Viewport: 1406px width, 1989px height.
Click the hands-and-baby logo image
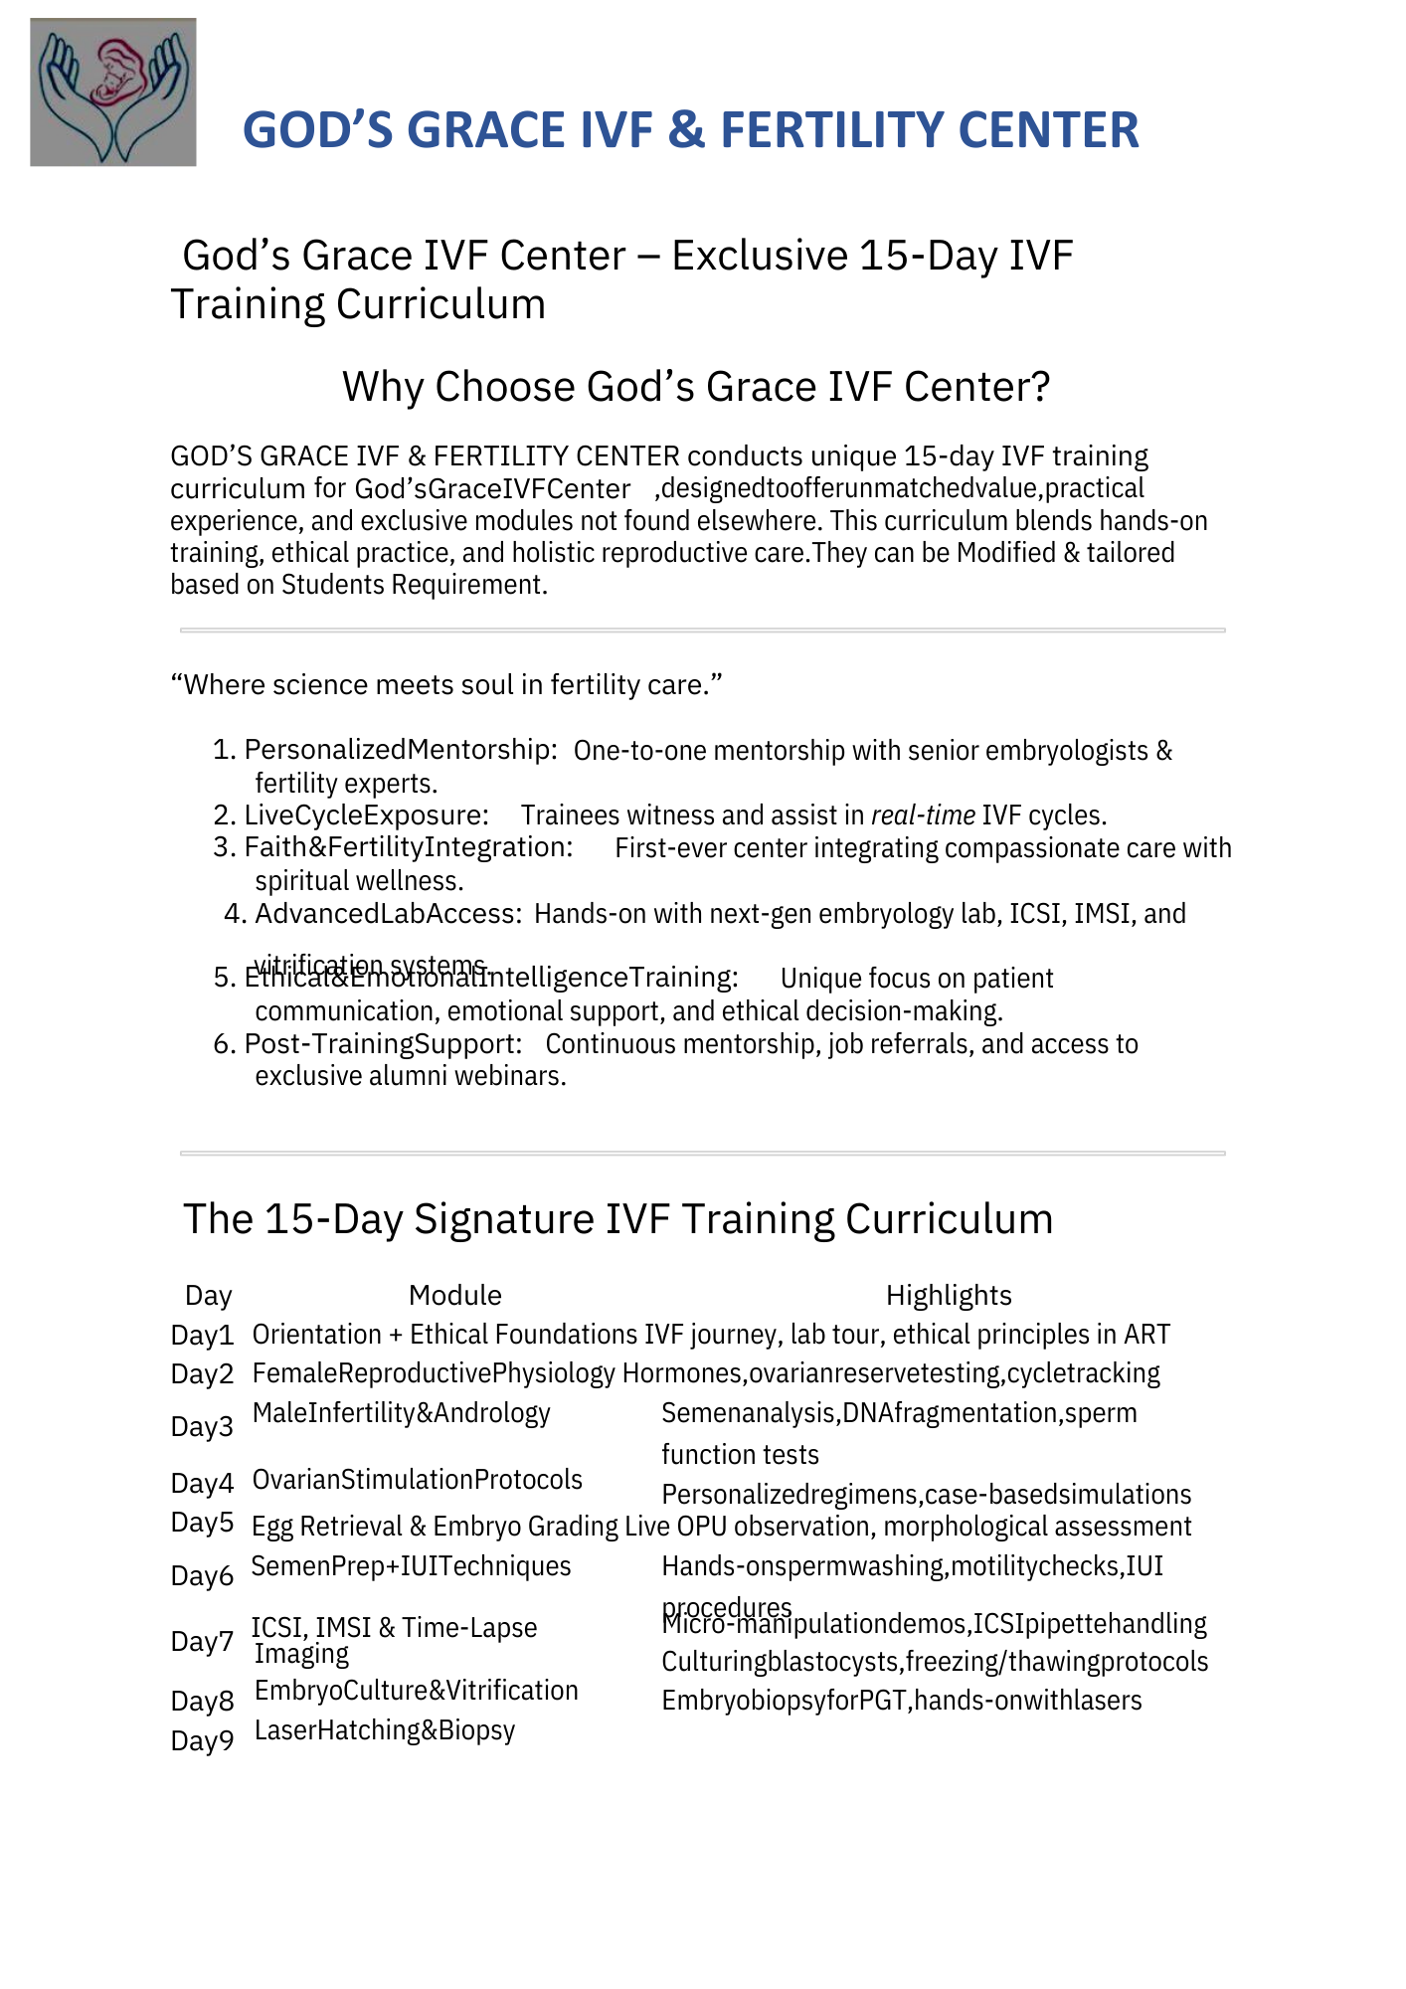[x=112, y=91]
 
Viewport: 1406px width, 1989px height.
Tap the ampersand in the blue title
[x=685, y=130]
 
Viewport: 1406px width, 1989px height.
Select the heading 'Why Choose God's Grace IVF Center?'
[x=696, y=387]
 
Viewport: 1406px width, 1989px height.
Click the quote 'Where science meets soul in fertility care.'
[x=446, y=684]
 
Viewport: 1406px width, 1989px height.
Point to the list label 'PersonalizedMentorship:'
[x=401, y=750]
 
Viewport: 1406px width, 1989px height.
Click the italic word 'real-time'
[x=923, y=815]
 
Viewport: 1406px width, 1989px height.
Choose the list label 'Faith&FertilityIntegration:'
[x=409, y=847]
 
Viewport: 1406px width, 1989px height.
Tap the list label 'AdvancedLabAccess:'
[x=388, y=913]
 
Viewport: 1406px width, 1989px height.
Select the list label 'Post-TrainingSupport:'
[x=383, y=1044]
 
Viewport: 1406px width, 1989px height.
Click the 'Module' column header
[x=455, y=1295]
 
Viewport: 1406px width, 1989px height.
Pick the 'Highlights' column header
[x=949, y=1295]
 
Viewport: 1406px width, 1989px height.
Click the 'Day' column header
[x=209, y=1295]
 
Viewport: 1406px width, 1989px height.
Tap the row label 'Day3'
[x=202, y=1427]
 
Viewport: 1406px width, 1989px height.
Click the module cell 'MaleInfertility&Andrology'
[x=401, y=1413]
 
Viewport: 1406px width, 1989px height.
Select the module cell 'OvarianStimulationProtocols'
[x=418, y=1480]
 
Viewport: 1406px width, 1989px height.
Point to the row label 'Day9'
[x=202, y=1740]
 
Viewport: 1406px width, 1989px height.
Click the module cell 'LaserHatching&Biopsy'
[x=385, y=1730]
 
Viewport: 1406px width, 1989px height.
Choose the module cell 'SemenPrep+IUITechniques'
[x=411, y=1566]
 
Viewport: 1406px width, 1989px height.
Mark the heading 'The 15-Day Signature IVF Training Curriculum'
[x=617, y=1219]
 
